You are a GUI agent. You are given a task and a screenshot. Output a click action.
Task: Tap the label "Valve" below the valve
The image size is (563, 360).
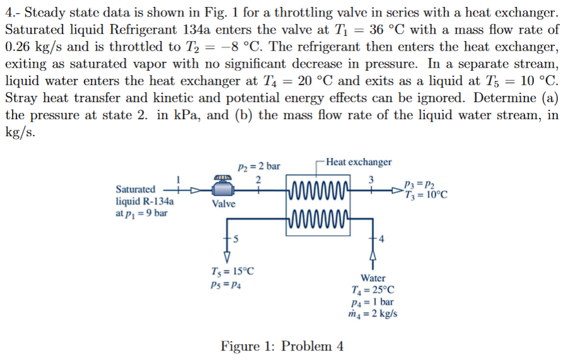(x=224, y=204)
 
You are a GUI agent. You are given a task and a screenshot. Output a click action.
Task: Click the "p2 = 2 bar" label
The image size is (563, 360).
(x=258, y=166)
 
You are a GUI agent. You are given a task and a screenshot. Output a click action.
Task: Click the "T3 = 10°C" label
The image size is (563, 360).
(x=427, y=194)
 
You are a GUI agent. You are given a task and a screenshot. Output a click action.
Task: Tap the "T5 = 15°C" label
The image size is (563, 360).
(x=233, y=272)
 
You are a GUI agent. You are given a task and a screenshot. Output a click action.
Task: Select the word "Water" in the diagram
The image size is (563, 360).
(x=373, y=278)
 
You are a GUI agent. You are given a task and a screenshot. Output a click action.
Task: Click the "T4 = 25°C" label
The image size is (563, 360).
(x=375, y=289)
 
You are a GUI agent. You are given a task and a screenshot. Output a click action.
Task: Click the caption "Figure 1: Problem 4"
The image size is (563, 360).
(x=282, y=346)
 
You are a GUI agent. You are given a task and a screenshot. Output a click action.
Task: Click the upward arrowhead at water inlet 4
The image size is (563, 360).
(x=372, y=255)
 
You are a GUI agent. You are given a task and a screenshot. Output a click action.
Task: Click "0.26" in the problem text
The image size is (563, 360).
(x=20, y=47)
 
